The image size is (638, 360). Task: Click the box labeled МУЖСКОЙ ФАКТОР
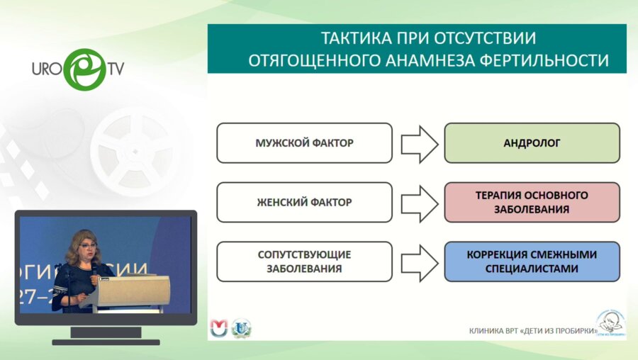point(304,143)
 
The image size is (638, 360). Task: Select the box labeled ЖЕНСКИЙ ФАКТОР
point(304,202)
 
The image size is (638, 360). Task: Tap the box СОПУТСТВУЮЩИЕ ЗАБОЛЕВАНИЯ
point(304,261)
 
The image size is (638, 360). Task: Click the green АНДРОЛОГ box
point(532,143)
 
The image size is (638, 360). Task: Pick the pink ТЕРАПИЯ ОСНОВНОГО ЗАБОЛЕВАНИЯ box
point(532,202)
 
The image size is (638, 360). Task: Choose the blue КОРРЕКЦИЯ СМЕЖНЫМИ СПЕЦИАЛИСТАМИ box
point(532,261)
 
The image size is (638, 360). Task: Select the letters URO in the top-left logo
point(46,69)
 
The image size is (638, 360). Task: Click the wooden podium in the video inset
point(134,291)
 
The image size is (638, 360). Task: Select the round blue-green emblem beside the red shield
point(242,327)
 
